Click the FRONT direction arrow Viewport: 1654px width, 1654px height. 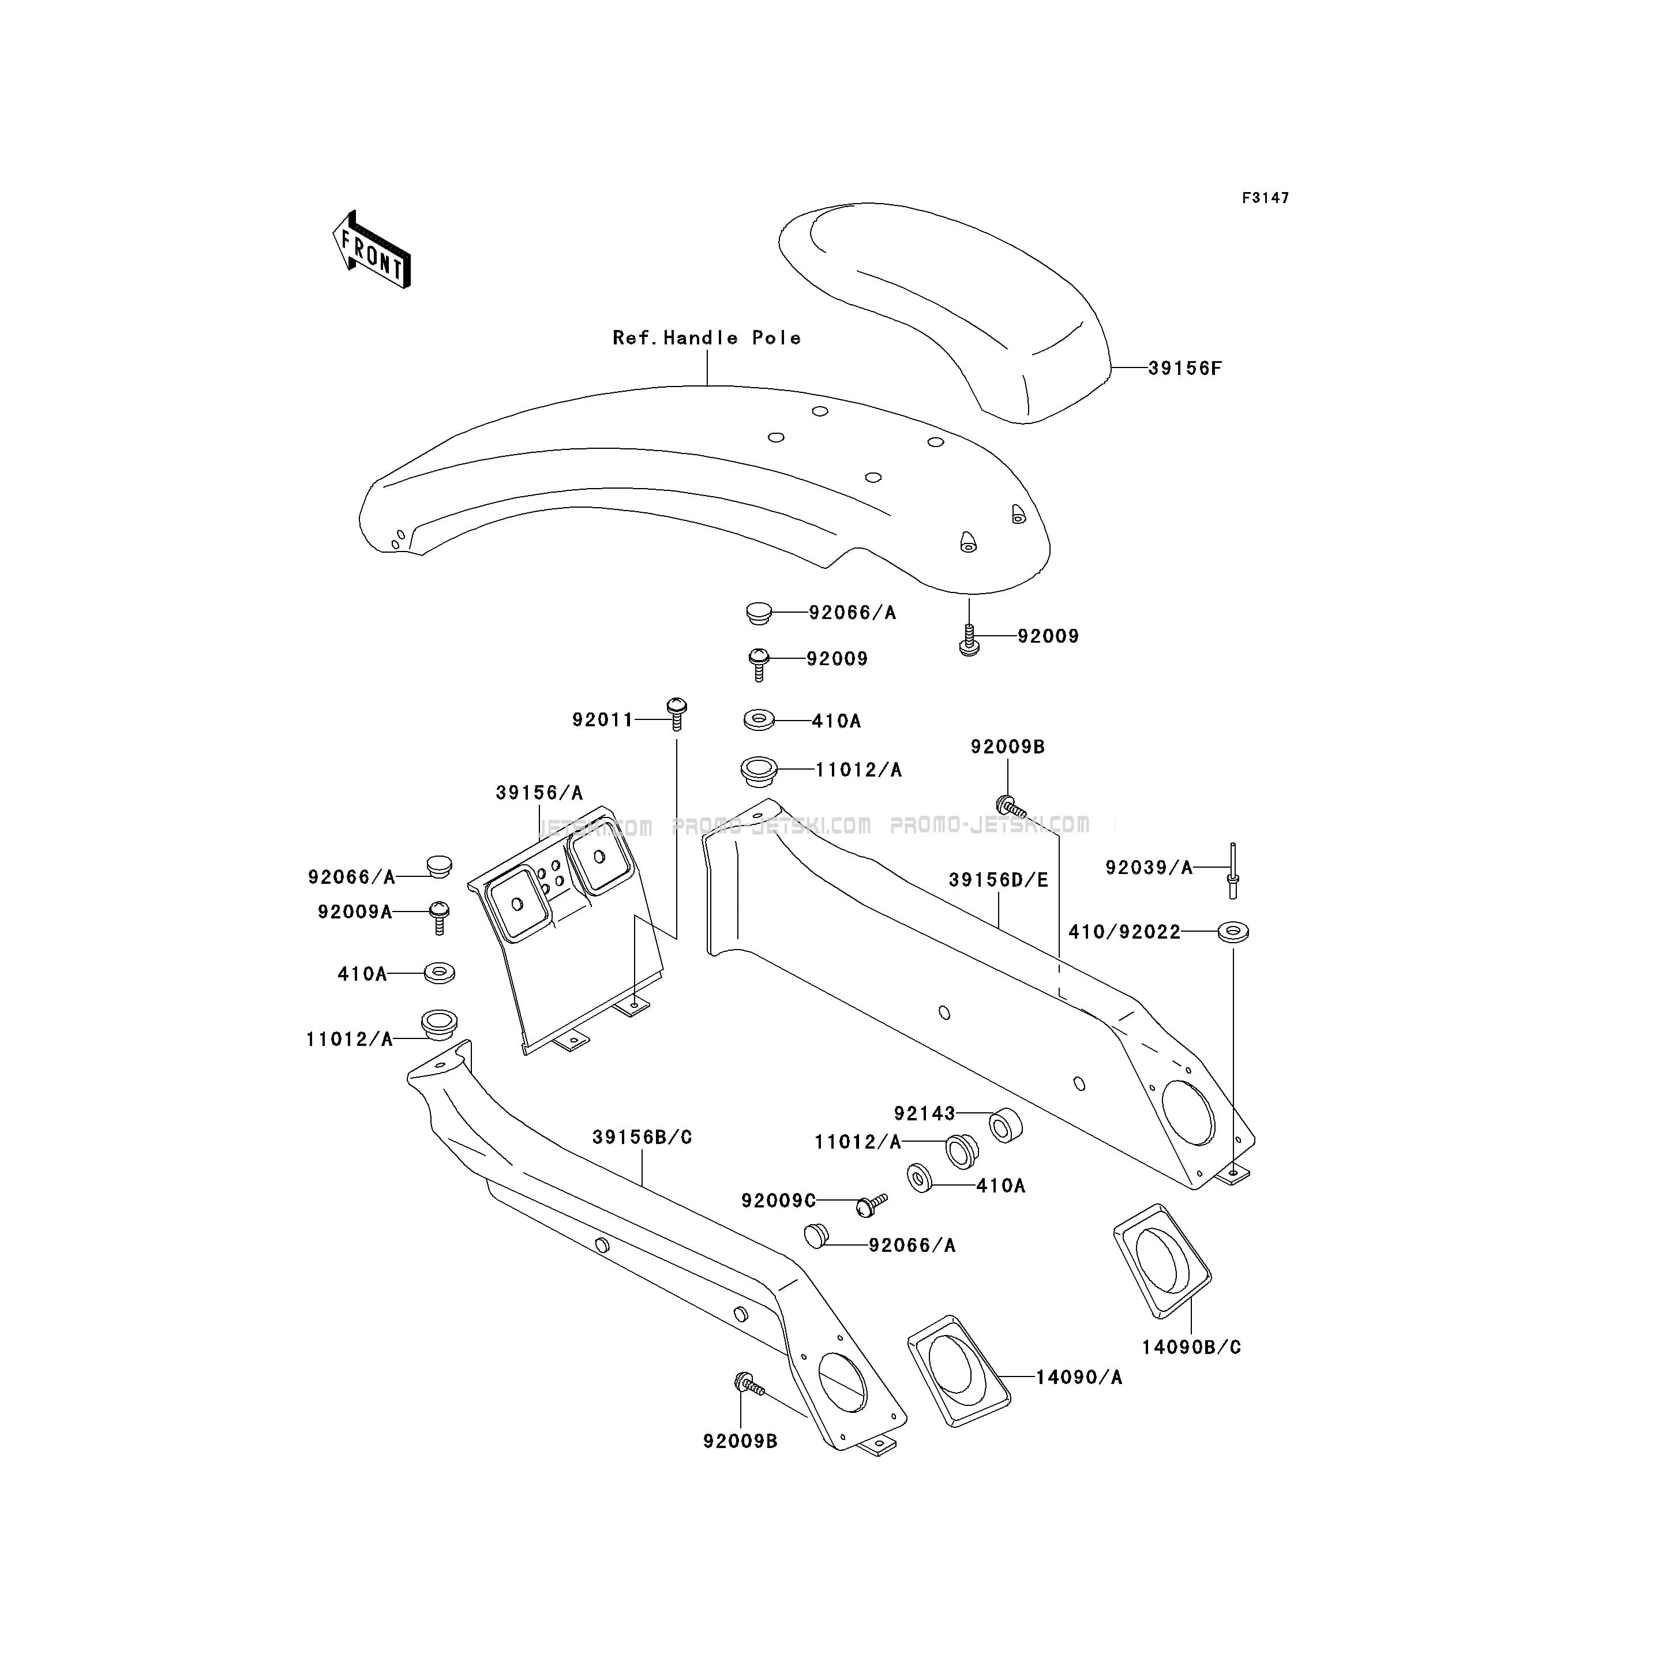372,250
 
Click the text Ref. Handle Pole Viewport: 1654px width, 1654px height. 707,338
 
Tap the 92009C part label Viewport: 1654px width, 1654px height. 779,1201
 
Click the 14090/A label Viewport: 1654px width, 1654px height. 1079,1378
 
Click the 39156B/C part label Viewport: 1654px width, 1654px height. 642,1137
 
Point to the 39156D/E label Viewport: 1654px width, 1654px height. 998,880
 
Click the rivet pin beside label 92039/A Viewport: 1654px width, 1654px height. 1233,870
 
